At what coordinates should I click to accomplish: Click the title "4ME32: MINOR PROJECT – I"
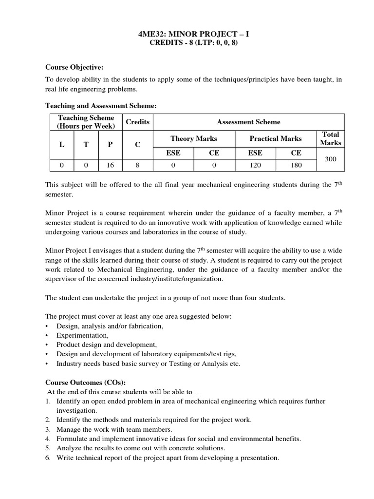point(194,35)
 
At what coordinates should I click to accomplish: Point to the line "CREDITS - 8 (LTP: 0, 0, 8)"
point(194,43)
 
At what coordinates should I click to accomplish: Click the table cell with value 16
point(110,165)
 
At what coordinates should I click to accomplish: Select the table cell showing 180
point(296,165)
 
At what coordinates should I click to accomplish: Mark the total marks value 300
point(331,159)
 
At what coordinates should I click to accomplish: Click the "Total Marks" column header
point(331,138)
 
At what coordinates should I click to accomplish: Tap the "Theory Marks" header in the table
point(193,138)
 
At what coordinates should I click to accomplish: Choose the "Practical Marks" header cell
point(275,138)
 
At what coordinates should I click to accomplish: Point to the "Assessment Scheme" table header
point(248,122)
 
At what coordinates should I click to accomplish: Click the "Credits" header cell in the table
point(137,122)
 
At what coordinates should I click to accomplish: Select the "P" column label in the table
point(110,145)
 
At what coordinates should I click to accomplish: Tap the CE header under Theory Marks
point(214,153)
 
